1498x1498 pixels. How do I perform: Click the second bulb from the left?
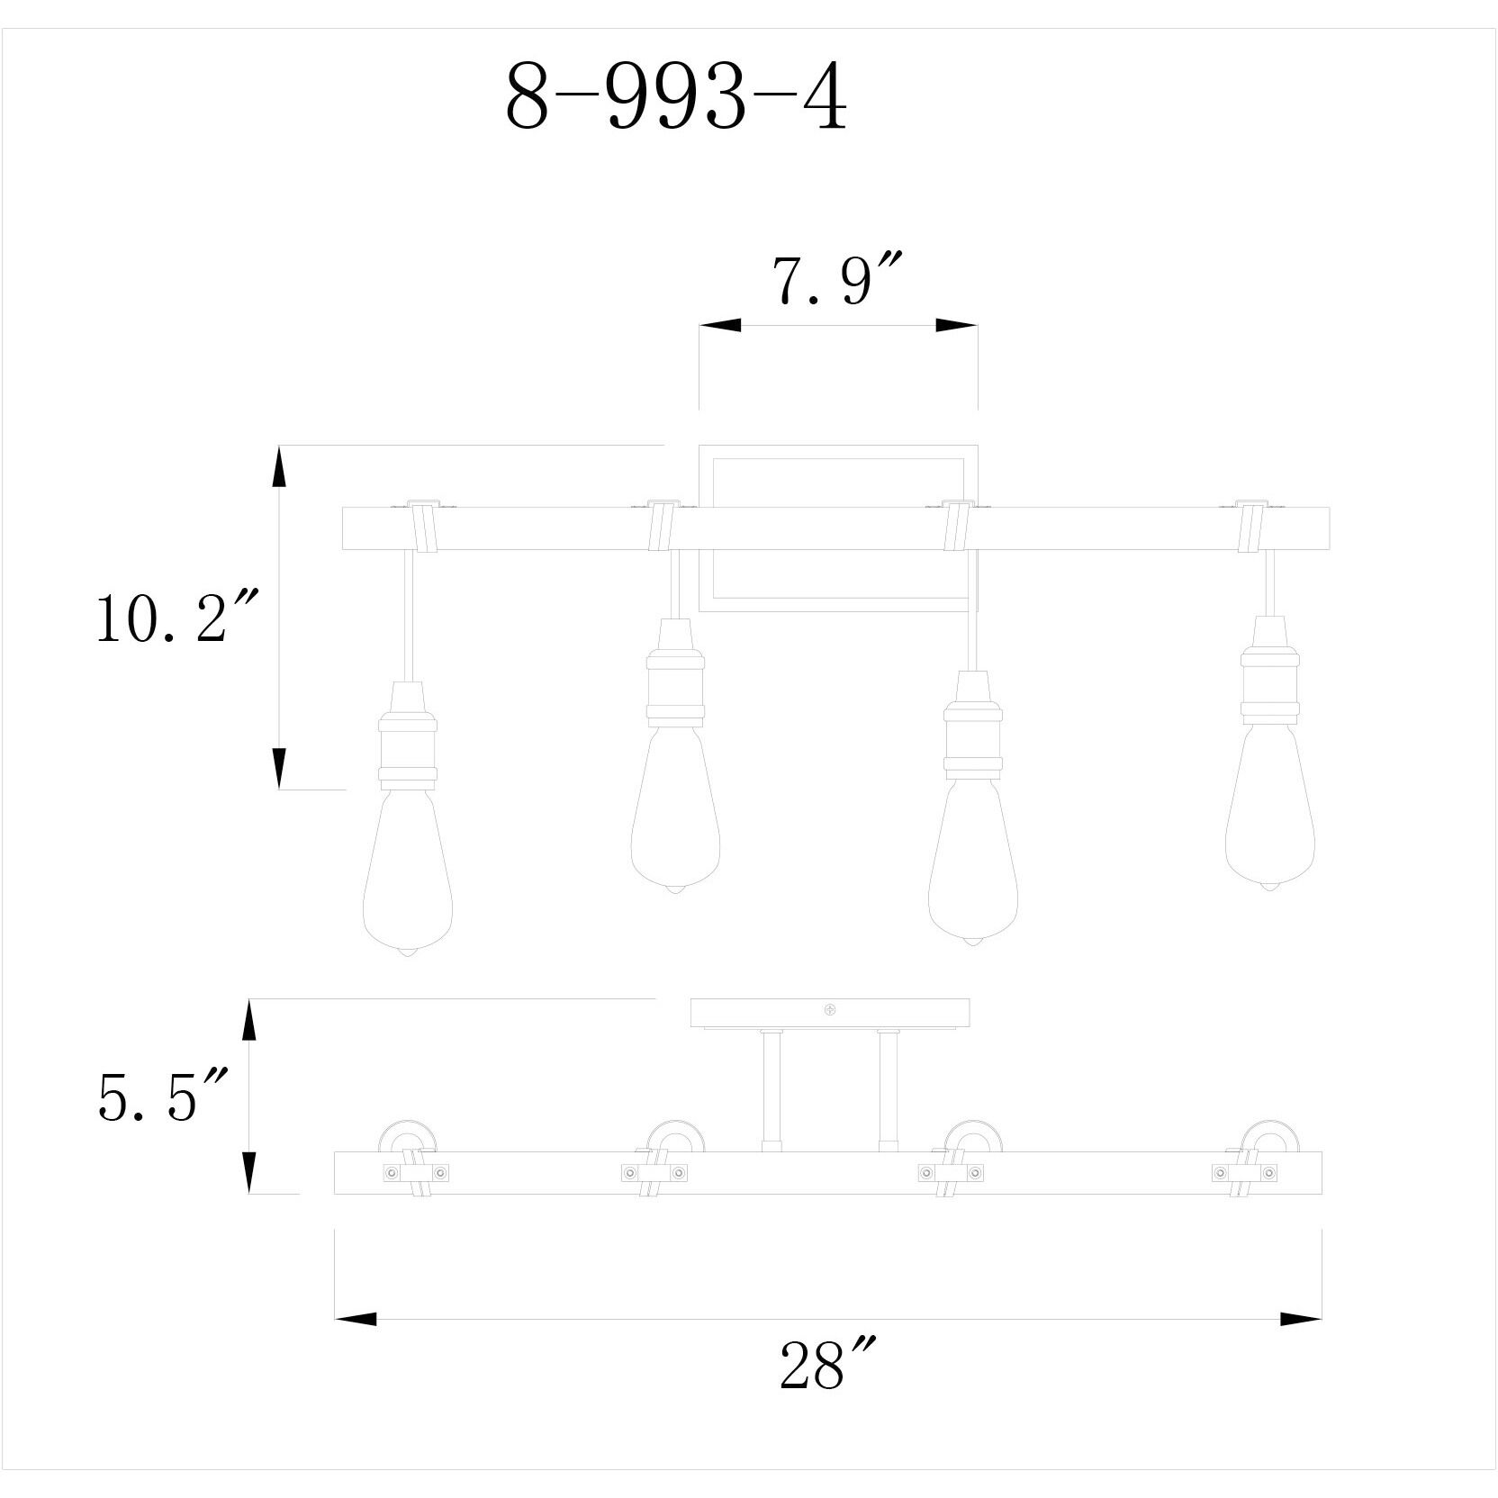675,810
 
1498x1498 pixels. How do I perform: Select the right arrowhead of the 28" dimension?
1300,1319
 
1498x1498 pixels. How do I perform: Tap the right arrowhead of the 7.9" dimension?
956,325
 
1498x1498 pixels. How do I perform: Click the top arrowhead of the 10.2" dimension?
279,468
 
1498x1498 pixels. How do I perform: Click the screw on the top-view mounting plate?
830,1011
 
